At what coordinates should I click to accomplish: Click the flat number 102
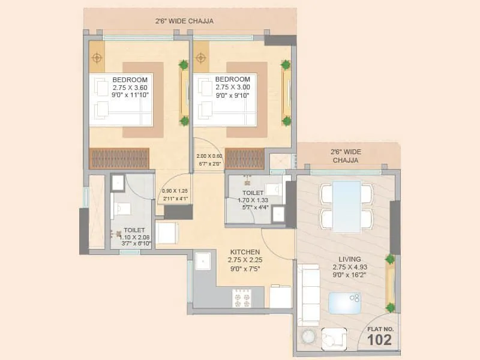379,340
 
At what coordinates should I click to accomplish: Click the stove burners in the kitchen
241,298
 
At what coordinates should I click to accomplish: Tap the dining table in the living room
346,205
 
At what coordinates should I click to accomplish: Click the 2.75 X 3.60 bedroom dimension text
130,87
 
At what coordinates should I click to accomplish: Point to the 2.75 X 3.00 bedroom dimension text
233,87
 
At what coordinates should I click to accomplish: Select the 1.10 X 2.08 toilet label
134,237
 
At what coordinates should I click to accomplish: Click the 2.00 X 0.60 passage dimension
209,156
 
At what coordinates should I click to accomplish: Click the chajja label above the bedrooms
184,21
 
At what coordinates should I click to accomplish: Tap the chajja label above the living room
347,156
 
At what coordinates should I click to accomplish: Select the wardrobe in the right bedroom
244,158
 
